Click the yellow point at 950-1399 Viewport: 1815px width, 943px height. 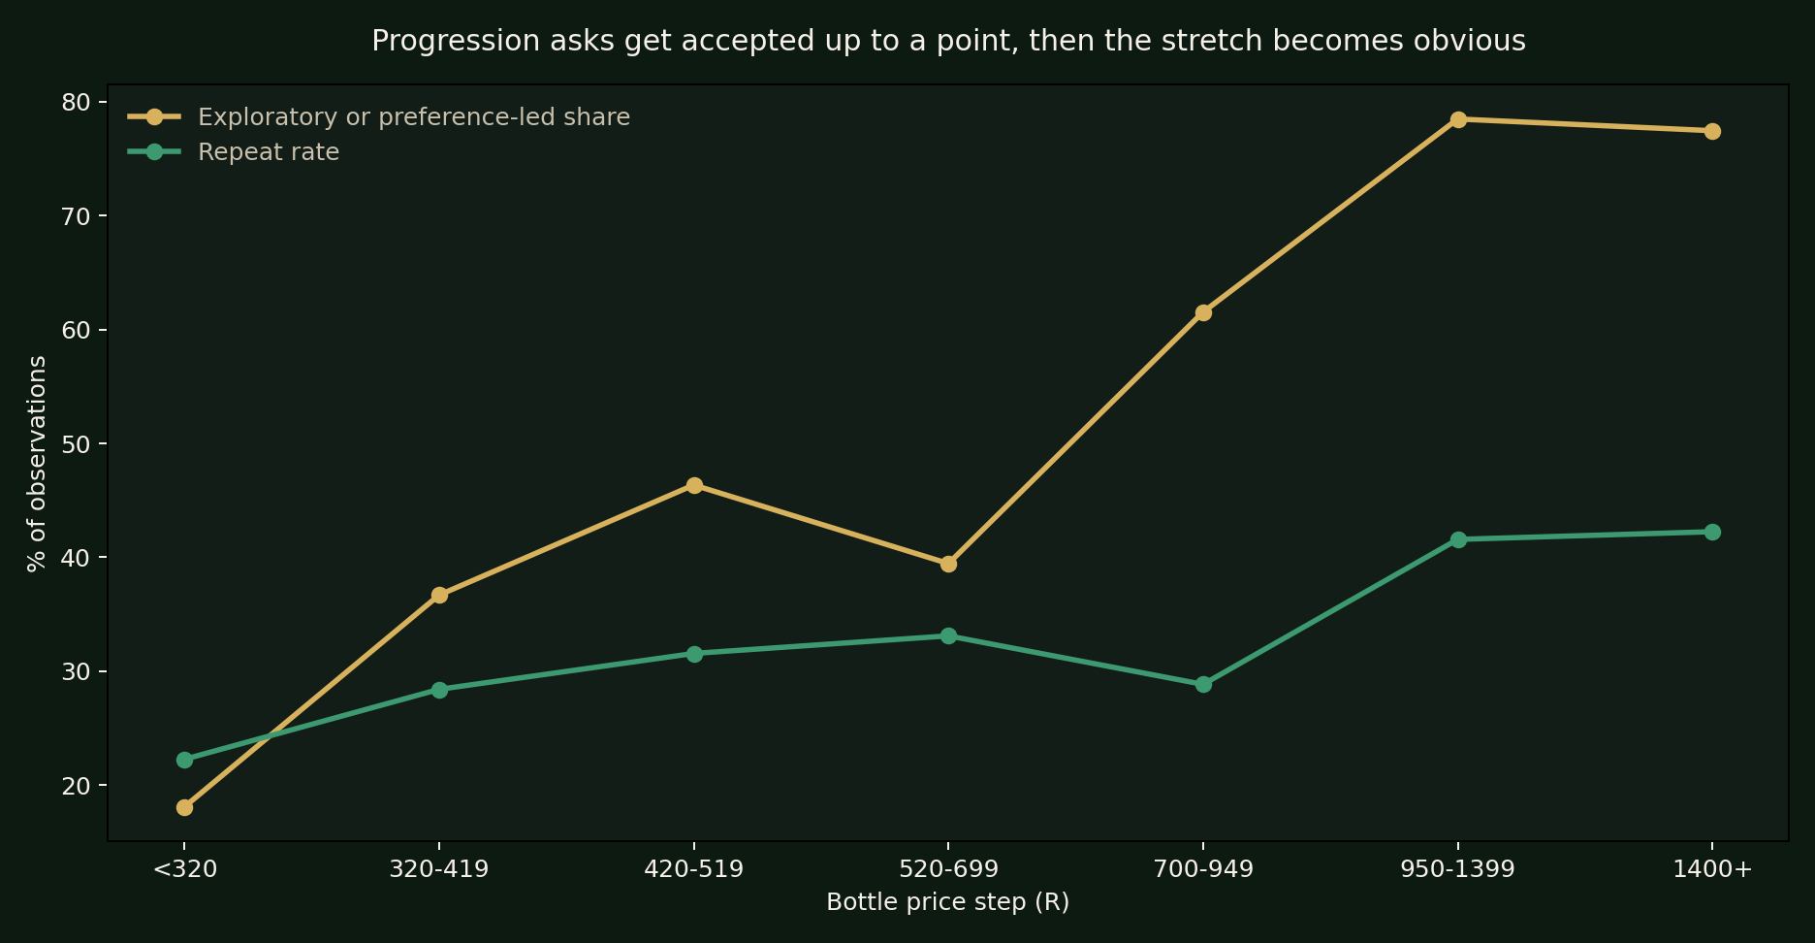pos(1458,119)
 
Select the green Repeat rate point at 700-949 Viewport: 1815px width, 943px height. pos(1203,684)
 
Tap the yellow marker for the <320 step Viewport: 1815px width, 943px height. pos(184,807)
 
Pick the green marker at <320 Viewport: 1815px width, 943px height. pos(184,760)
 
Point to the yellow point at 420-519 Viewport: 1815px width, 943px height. pos(694,485)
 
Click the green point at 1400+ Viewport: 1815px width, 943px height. pos(1712,532)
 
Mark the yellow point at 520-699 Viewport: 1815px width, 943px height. pos(948,564)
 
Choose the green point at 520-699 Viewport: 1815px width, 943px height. pos(948,635)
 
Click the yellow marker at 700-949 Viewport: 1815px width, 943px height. pos(1203,312)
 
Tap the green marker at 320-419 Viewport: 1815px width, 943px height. pos(439,690)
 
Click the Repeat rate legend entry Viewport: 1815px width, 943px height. pos(269,152)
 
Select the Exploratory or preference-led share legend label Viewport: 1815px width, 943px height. pos(414,117)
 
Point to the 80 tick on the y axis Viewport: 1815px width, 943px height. pos(78,102)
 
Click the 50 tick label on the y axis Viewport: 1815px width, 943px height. pos(78,444)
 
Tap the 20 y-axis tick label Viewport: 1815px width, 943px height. pos(78,786)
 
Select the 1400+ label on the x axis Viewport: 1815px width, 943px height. pos(1712,869)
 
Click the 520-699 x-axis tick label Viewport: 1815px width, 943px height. pos(948,869)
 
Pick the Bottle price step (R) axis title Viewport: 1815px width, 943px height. pos(947,902)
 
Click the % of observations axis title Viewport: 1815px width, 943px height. pos(37,463)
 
